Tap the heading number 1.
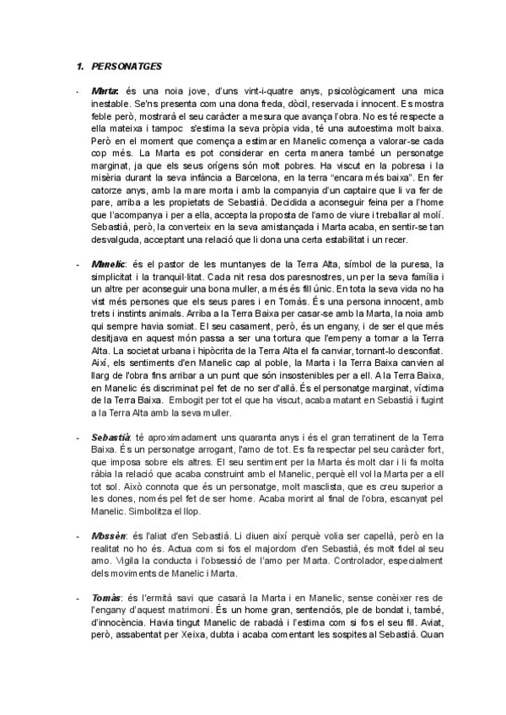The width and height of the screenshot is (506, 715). click(78, 65)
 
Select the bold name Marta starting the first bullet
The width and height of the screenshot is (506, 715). click(105, 90)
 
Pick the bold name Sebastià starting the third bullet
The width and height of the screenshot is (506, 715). click(110, 440)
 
